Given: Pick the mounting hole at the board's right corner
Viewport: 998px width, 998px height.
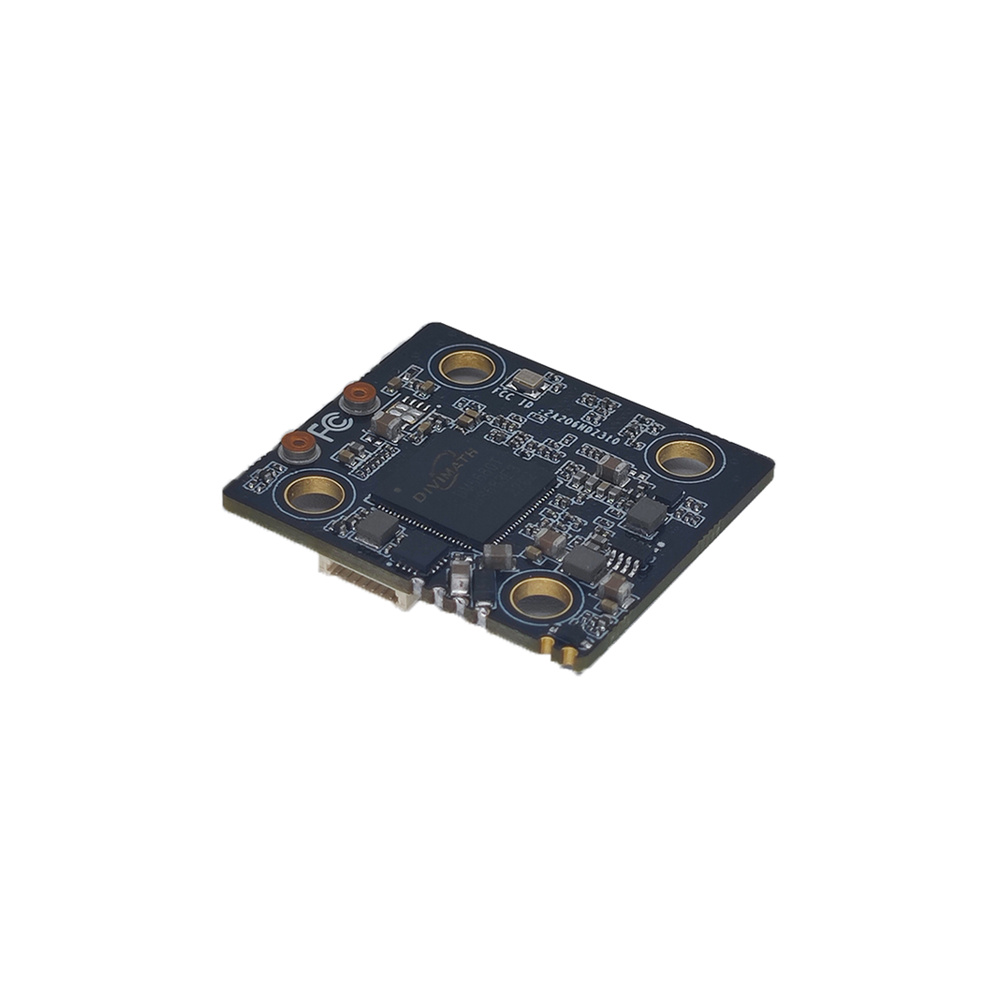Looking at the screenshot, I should [x=682, y=456].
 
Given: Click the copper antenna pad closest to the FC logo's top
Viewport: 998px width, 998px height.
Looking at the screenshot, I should [x=360, y=399].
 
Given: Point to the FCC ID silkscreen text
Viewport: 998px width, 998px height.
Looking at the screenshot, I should [x=521, y=397].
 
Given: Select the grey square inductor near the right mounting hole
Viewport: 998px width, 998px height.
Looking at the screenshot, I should [x=645, y=510].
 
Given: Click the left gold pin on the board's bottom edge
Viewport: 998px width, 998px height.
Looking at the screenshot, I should [x=546, y=646].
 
